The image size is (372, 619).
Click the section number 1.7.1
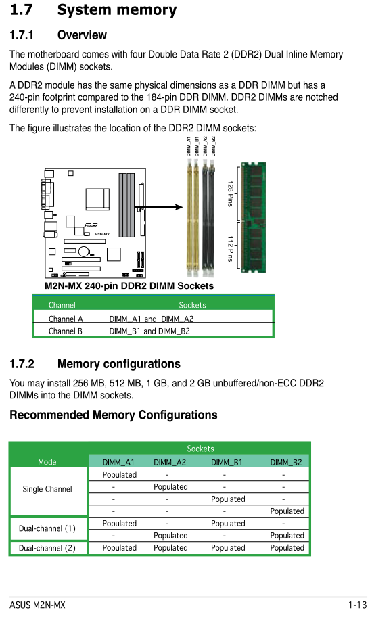(x=21, y=35)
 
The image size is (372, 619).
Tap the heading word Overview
(x=82, y=35)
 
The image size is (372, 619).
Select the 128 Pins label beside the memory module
(x=231, y=194)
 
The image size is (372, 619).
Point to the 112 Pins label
(x=231, y=249)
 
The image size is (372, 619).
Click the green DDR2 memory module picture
(x=254, y=217)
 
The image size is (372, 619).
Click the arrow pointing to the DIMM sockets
(x=158, y=207)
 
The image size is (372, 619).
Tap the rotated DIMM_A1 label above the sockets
(x=189, y=146)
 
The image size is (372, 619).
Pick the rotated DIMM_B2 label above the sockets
(x=214, y=146)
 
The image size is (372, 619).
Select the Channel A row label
(x=66, y=319)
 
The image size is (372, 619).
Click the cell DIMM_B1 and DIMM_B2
(x=149, y=331)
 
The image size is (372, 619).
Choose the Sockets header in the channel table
(x=192, y=305)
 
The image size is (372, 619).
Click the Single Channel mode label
(x=47, y=489)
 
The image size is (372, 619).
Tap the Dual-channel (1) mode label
(x=47, y=528)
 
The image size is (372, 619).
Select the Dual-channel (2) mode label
(x=47, y=548)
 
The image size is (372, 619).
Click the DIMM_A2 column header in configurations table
(x=170, y=462)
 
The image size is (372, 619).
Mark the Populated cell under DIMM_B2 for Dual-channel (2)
(x=287, y=548)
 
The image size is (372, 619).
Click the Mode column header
(x=47, y=462)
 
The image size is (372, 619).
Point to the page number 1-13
(x=357, y=605)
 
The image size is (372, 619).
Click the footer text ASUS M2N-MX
(x=37, y=605)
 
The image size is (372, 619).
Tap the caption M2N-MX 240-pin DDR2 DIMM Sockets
(x=129, y=285)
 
